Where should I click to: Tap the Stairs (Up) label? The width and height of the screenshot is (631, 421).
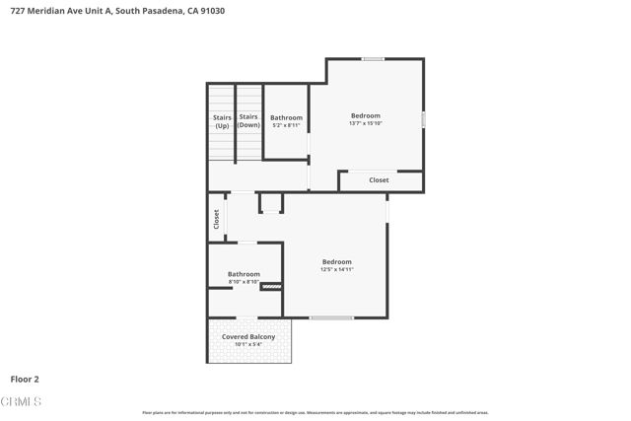[x=222, y=122]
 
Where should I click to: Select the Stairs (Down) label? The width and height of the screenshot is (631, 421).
[x=248, y=122]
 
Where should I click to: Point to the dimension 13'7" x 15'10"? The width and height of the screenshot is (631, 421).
[x=365, y=123]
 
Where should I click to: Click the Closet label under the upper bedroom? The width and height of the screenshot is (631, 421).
[x=379, y=180]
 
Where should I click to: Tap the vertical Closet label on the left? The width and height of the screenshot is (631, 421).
[x=215, y=220]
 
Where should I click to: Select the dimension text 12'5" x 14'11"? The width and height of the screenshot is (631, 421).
[x=336, y=269]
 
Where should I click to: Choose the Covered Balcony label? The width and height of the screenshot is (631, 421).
[x=248, y=337]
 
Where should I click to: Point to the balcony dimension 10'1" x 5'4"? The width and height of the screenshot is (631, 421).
[x=248, y=344]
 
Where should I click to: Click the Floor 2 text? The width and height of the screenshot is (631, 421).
[x=25, y=379]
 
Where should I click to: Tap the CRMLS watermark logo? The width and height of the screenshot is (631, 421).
[x=22, y=402]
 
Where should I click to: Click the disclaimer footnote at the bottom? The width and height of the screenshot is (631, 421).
[x=315, y=412]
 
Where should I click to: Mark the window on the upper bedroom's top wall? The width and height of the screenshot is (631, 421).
[x=373, y=59]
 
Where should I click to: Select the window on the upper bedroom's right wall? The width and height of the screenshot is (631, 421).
[x=424, y=119]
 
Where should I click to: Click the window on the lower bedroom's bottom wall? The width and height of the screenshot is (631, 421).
[x=331, y=317]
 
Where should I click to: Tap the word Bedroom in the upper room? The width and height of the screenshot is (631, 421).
[x=365, y=115]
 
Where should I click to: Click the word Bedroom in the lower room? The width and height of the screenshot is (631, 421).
[x=336, y=261]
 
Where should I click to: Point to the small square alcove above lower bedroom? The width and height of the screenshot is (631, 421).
[x=270, y=203]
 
